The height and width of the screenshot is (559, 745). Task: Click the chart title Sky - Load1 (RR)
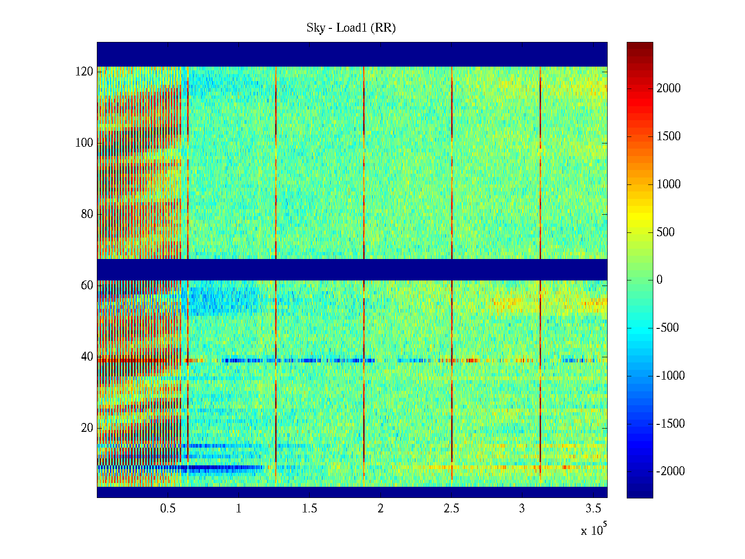[351, 28]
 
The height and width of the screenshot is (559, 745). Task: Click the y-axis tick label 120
[84, 72]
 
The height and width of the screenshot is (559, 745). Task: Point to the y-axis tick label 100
[84, 143]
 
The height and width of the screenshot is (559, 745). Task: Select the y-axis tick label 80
[87, 214]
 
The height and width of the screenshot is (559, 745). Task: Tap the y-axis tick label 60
[87, 286]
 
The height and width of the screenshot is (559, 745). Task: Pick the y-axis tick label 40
[87, 357]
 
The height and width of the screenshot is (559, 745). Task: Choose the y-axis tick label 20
[87, 428]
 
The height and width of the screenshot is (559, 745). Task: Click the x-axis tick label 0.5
[168, 509]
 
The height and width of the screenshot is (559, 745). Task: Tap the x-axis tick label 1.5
[310, 509]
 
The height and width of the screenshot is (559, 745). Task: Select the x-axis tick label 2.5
[451, 509]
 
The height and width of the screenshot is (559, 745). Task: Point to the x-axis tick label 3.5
[593, 509]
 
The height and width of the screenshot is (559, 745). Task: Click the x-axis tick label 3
[522, 509]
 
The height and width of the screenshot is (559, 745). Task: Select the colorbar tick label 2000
[669, 89]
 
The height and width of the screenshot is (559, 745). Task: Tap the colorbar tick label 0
[659, 280]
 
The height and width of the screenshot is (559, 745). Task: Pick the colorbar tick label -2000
[670, 471]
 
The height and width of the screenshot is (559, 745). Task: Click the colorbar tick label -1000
[670, 376]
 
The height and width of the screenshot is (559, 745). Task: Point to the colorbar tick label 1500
[669, 136]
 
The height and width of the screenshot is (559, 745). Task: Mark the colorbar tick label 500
[666, 232]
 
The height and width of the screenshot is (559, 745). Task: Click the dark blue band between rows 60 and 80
[352, 270]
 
